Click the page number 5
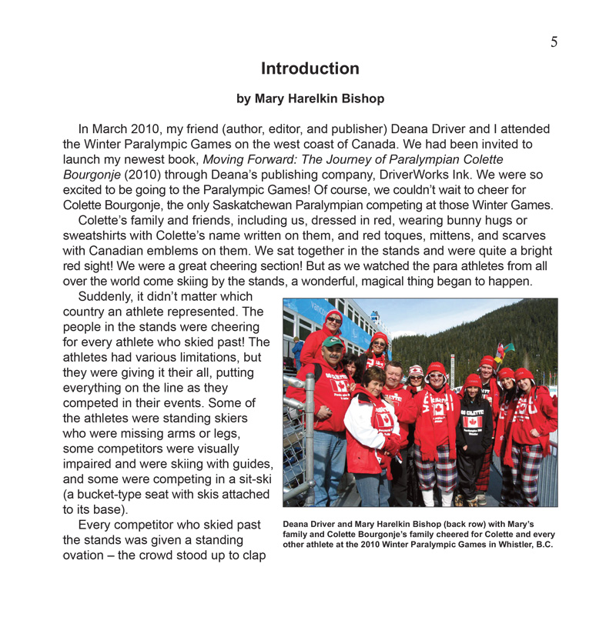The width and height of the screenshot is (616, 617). (554, 42)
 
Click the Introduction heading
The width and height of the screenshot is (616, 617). (310, 68)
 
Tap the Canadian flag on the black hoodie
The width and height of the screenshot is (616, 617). (473, 422)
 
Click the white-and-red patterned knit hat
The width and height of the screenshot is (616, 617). (417, 371)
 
